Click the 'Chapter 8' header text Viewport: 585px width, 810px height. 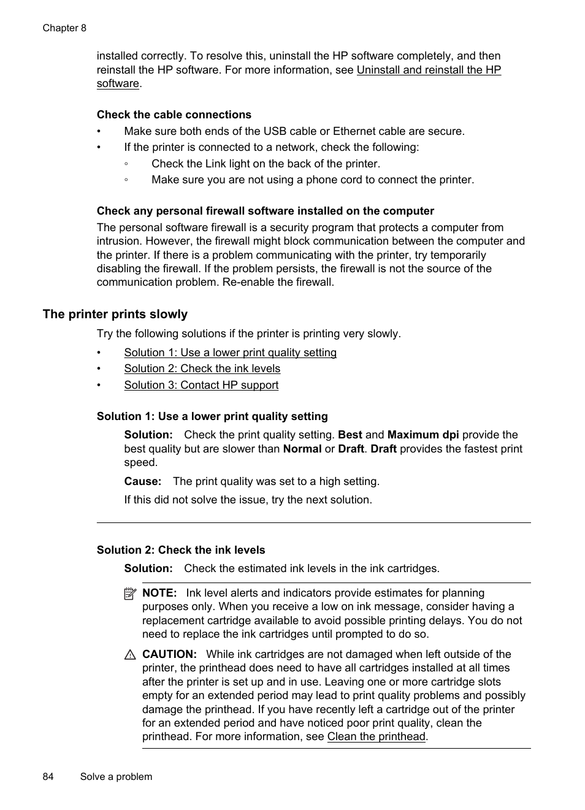(64, 28)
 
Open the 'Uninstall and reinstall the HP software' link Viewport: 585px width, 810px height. (428, 70)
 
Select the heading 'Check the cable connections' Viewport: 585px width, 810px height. (174, 115)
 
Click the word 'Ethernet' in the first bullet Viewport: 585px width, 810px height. (354, 131)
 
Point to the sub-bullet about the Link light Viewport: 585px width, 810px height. (266, 164)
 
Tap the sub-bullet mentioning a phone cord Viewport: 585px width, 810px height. (312, 180)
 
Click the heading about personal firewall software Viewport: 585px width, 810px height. (265, 211)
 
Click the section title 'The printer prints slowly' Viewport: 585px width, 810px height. (115, 314)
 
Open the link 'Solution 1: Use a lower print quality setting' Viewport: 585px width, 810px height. (230, 353)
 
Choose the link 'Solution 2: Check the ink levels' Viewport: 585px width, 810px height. (202, 369)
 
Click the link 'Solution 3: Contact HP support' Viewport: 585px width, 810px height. (201, 385)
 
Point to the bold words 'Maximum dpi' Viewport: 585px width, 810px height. (422, 435)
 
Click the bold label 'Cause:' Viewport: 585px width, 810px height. (142, 481)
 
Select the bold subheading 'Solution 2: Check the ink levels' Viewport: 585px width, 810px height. (181, 550)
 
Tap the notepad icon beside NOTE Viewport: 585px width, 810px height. (129, 594)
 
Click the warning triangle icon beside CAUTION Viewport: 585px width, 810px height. (129, 655)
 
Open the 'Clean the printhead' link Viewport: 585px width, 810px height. (376, 736)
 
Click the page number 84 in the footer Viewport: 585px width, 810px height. (48, 777)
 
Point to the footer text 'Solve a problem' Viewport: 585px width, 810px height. (116, 777)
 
